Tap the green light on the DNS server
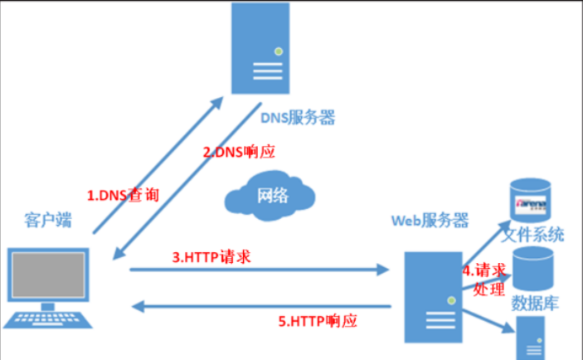tap(279, 51)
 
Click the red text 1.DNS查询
tap(123, 197)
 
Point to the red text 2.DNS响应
tap(239, 153)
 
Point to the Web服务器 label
tap(430, 221)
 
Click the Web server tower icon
tap(430, 302)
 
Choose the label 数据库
tap(536, 304)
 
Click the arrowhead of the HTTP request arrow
tap(383, 269)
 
